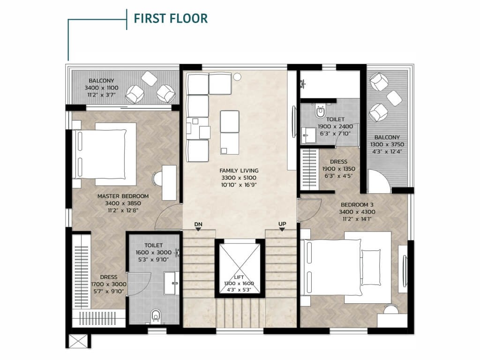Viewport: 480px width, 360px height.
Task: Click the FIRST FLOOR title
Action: pos(171,18)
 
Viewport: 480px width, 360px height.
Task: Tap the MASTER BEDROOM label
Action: pos(123,196)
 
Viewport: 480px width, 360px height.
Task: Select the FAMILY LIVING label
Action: pos(239,171)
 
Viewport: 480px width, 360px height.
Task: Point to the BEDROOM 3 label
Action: pos(357,205)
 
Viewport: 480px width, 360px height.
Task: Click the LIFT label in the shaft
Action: pos(239,277)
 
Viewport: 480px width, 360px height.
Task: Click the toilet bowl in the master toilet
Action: pos(156,315)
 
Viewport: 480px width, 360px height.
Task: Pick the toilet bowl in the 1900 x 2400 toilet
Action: pos(320,112)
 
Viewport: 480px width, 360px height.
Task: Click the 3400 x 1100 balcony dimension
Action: pos(101,88)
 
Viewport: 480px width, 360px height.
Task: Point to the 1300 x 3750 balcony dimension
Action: pos(387,144)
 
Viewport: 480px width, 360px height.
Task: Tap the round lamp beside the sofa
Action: pos(237,76)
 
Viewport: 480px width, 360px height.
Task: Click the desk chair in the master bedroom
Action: pos(157,179)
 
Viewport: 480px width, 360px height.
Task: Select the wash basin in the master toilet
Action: pos(171,283)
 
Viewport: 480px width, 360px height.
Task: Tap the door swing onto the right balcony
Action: pos(379,181)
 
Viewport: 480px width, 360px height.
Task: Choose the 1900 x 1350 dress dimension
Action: pos(338,169)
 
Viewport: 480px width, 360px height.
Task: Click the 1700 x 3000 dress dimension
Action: pos(109,285)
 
